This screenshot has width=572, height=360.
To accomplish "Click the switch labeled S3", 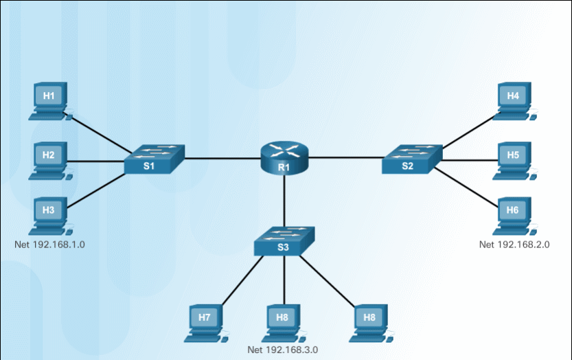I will pos(284,241).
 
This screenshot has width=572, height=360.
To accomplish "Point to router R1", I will pos(284,159).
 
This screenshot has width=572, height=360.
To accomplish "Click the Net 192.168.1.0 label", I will pos(54,245).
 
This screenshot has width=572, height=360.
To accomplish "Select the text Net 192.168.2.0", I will pos(514,245).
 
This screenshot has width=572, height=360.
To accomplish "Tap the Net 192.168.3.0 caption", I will pos(283,350).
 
